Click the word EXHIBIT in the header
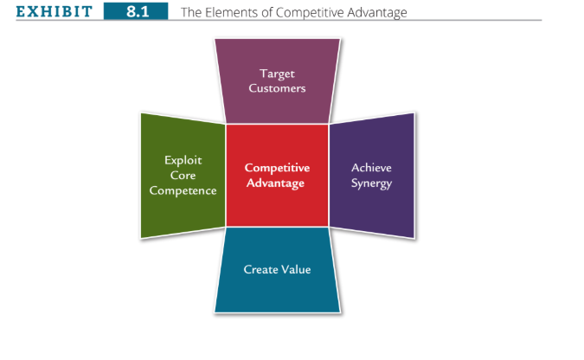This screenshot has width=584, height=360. (54, 11)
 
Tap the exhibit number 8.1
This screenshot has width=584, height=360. (138, 11)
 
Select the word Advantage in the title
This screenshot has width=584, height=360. (377, 13)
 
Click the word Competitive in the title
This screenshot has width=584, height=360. (310, 13)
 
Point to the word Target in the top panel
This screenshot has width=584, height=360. (277, 74)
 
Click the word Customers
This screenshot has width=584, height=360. (277, 88)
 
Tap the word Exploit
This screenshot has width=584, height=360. (183, 160)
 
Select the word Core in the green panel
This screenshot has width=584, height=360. (183, 175)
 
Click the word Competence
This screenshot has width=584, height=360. (183, 190)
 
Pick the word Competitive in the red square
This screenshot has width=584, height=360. (277, 168)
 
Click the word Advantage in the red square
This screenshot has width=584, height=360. (276, 183)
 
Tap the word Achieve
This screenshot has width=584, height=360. (371, 168)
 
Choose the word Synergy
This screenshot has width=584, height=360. (371, 183)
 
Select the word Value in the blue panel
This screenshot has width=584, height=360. (296, 269)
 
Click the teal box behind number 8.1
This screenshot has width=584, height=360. (136, 11)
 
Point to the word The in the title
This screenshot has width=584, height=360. (191, 12)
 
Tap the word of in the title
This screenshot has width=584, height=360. (267, 12)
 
